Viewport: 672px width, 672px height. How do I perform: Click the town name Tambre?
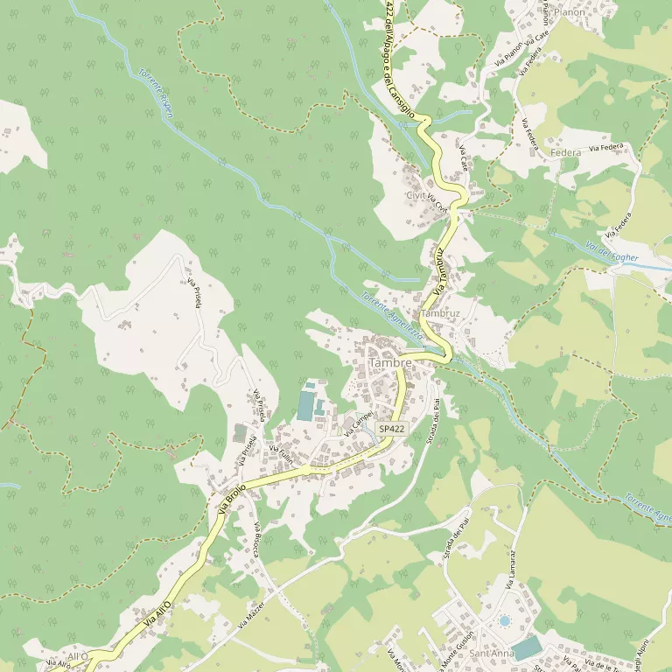[x=390, y=363]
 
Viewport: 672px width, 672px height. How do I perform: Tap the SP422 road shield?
[x=392, y=429]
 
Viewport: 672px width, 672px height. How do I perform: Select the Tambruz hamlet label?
[x=440, y=313]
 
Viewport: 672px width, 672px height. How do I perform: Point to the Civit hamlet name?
[x=416, y=195]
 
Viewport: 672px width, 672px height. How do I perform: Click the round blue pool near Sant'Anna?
[x=504, y=620]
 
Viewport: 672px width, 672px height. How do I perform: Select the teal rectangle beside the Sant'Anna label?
[x=527, y=648]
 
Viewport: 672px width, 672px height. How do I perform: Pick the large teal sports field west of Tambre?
[x=305, y=405]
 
